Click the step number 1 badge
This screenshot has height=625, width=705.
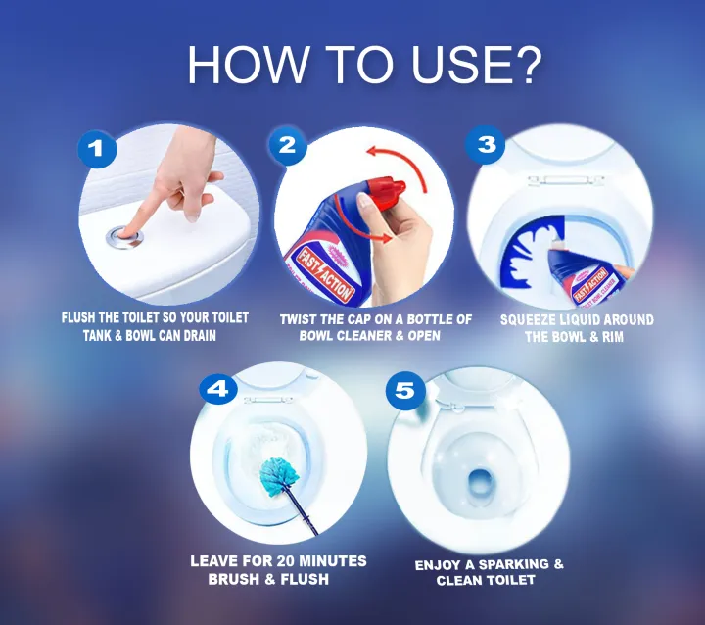pyautogui.click(x=96, y=149)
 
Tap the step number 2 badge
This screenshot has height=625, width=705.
pyautogui.click(x=287, y=146)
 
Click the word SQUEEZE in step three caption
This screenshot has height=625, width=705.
pyautogui.click(x=534, y=320)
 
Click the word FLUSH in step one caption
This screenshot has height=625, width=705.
pyautogui.click(x=84, y=318)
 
